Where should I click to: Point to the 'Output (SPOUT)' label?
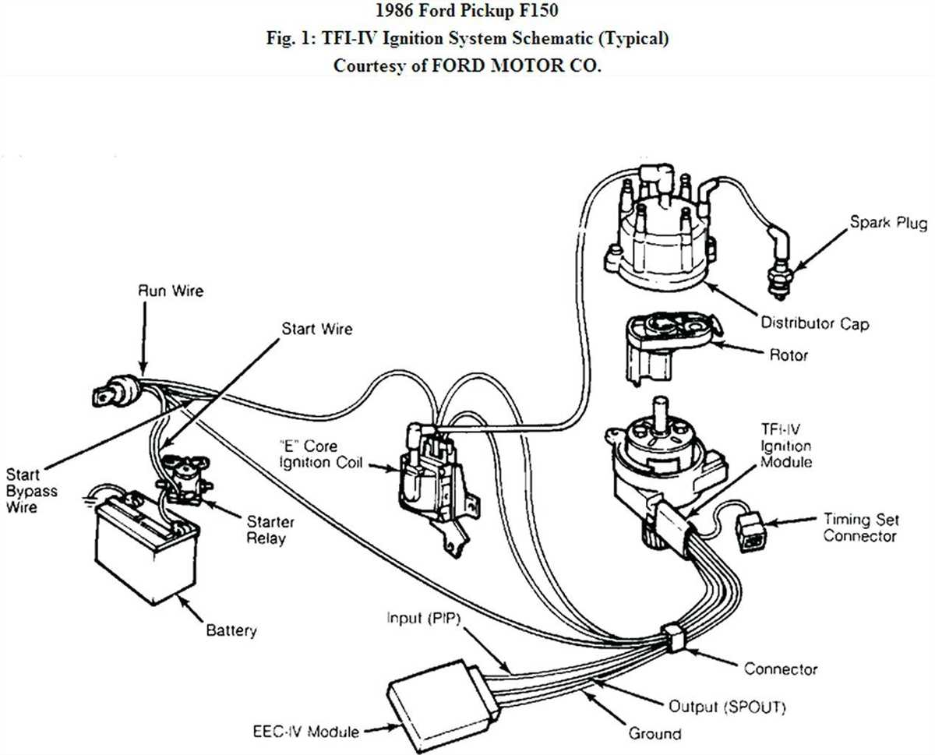pyautogui.click(x=728, y=707)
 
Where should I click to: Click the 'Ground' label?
pyautogui.click(x=654, y=733)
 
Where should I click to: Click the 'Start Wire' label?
pyautogui.click(x=316, y=329)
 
